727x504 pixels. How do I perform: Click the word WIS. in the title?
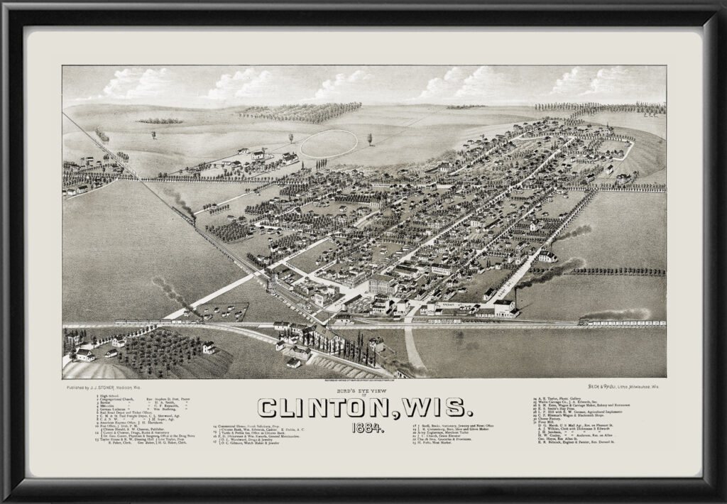point(432,407)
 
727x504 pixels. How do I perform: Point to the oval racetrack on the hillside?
point(327,143)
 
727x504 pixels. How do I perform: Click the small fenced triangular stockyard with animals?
point(224,311)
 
